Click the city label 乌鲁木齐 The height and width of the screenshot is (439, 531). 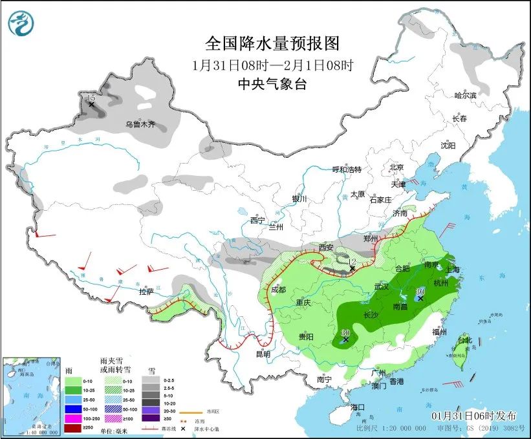pyautogui.click(x=140, y=124)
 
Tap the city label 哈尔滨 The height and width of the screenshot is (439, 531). pyautogui.click(x=464, y=96)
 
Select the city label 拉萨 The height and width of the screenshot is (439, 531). pyautogui.click(x=146, y=292)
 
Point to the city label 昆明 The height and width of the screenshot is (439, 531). pyautogui.click(x=263, y=354)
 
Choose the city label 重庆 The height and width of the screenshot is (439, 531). pyautogui.click(x=304, y=303)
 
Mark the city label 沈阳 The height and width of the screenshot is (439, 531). pyautogui.click(x=448, y=145)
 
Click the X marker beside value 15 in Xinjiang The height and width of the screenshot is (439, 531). pyautogui.click(x=92, y=104)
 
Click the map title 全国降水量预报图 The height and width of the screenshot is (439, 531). pyautogui.click(x=272, y=44)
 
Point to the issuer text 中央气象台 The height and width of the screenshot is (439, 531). pyautogui.click(x=272, y=83)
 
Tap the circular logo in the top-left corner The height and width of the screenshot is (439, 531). pyautogui.click(x=21, y=23)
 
